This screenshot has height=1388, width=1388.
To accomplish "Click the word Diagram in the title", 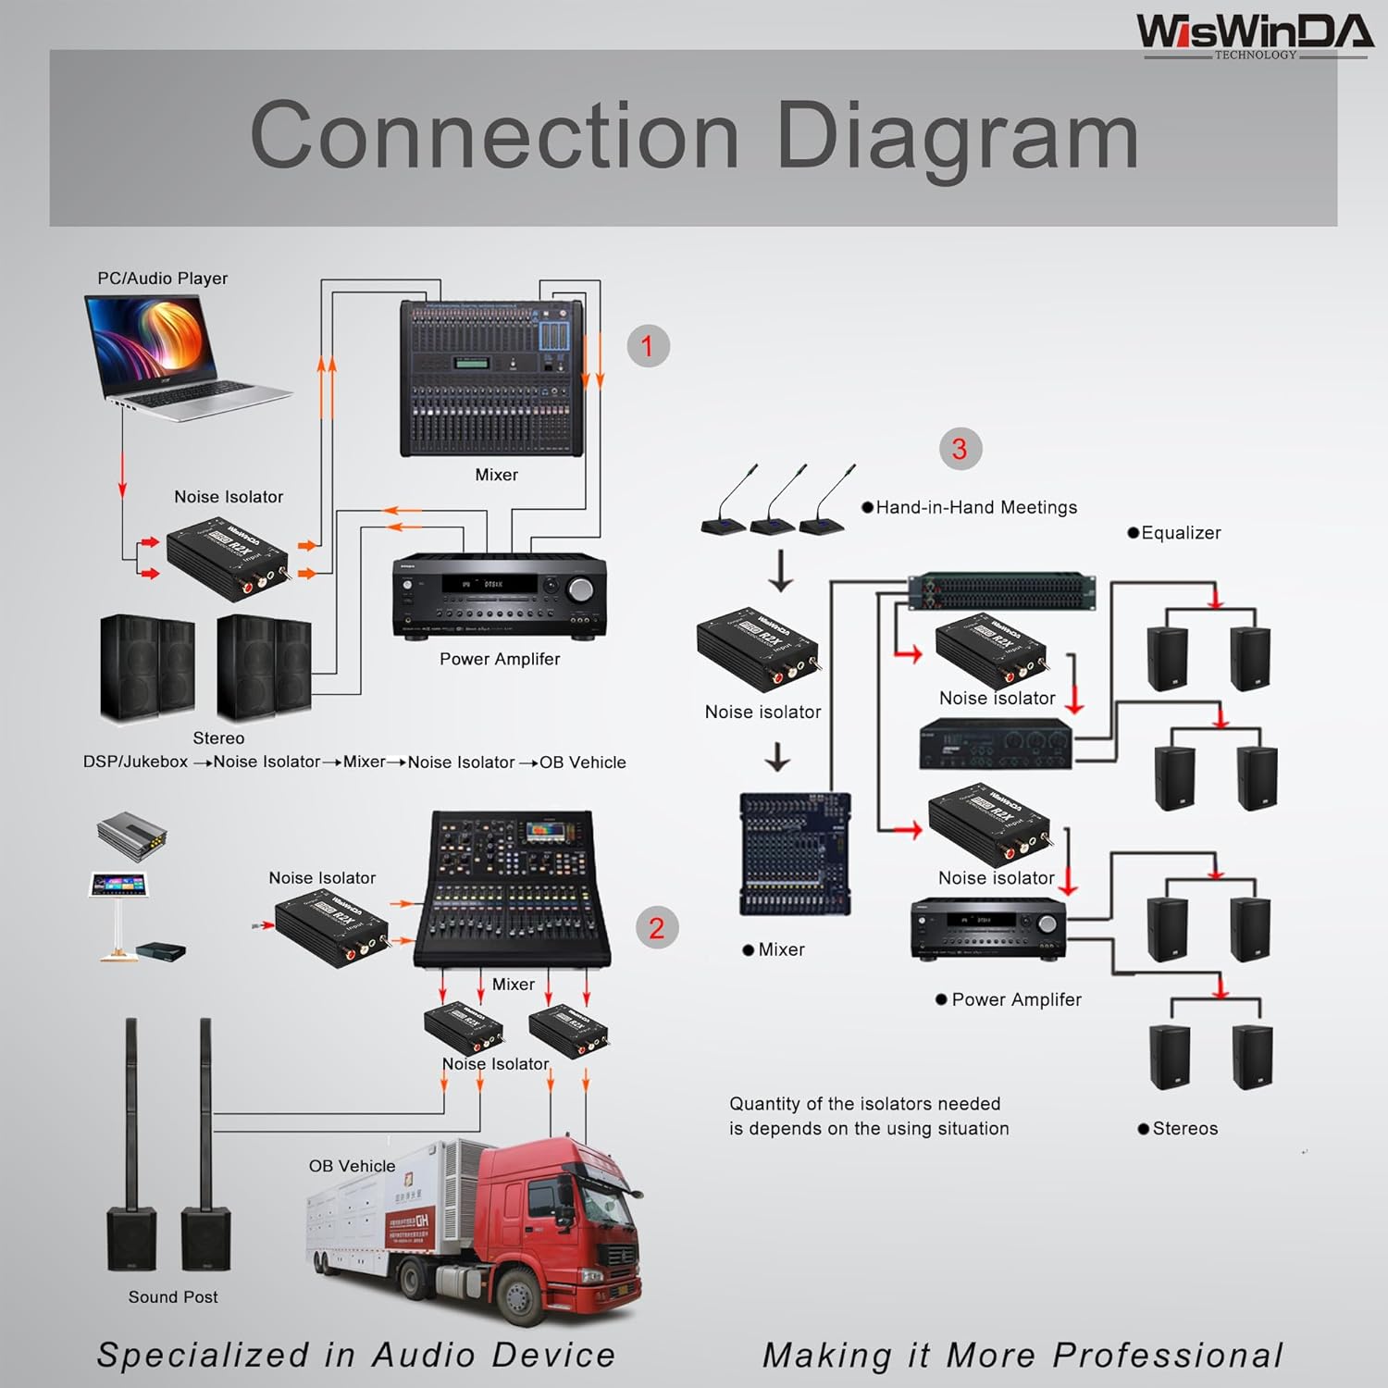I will pyautogui.click(x=957, y=136).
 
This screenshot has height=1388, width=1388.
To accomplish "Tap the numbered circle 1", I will pyautogui.click(x=648, y=346).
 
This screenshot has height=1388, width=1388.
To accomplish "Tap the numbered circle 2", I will pyautogui.click(x=656, y=927).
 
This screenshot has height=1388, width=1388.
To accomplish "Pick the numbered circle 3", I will pyautogui.click(x=960, y=449).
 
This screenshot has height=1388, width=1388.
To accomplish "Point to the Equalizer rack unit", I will pyautogui.click(x=1001, y=590).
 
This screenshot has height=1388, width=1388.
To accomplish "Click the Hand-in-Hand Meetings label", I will pyautogui.click(x=976, y=507).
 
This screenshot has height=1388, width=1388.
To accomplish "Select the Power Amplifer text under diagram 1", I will pyautogui.click(x=500, y=659).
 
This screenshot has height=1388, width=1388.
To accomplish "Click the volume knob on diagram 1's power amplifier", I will pyautogui.click(x=581, y=589).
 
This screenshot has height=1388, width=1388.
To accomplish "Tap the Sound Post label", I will pyautogui.click(x=173, y=1297).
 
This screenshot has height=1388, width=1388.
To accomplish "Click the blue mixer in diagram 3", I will pyautogui.click(x=795, y=853).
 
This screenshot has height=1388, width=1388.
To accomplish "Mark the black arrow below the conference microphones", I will pyautogui.click(x=781, y=570).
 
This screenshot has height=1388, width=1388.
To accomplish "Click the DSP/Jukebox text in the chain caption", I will pyautogui.click(x=135, y=762).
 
